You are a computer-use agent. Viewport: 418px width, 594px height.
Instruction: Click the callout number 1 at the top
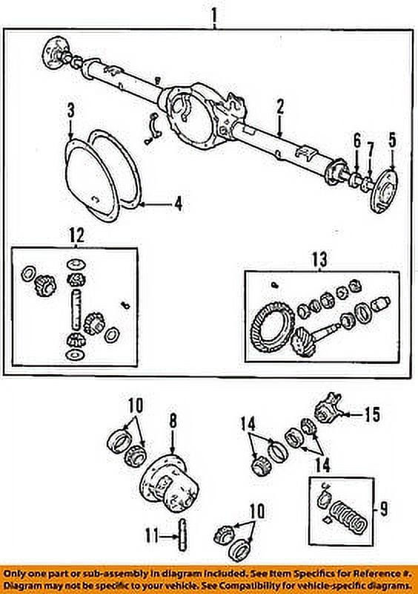point(214,14)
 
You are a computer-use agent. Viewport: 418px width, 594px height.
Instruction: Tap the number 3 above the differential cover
point(70,112)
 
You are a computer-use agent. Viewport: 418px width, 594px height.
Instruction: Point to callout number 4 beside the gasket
point(178,202)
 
